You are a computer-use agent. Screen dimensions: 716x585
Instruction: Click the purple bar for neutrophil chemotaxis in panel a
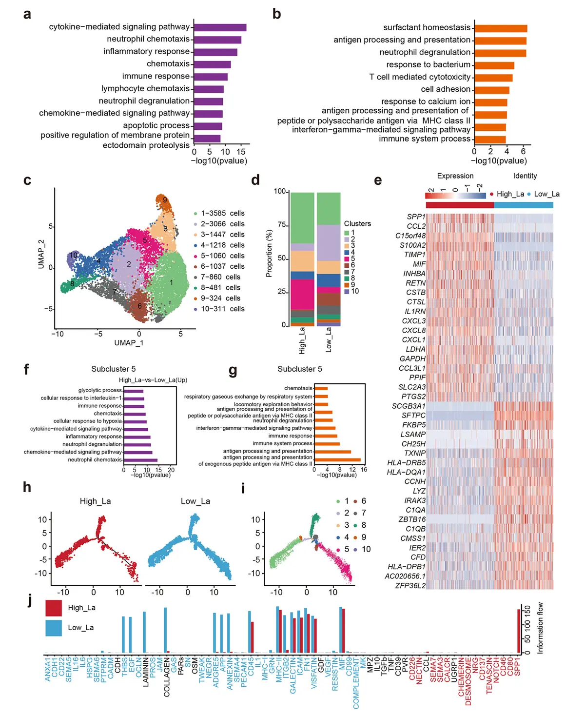tap(217, 40)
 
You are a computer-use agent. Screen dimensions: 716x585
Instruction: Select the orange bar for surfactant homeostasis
tap(501, 28)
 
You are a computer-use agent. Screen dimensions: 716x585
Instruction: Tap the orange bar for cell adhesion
tap(492, 90)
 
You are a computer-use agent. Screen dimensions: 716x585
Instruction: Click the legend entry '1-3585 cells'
tap(222, 213)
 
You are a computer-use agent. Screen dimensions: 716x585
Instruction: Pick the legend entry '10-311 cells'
tap(222, 309)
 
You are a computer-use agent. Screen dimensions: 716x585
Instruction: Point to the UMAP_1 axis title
tap(129, 343)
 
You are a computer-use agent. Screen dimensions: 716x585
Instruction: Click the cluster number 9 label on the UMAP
tap(165, 200)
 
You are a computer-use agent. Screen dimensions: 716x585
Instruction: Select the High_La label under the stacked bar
tap(302, 340)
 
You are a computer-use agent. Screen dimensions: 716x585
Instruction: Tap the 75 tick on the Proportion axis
tap(281, 225)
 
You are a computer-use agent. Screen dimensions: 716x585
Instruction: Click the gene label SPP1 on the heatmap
tap(416, 217)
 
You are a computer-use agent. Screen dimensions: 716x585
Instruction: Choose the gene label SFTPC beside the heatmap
tap(413, 416)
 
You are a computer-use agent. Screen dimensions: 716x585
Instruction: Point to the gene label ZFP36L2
tap(410, 586)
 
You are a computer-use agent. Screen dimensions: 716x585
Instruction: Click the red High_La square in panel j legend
tap(54, 608)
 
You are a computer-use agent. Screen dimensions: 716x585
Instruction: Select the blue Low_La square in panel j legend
tap(54, 628)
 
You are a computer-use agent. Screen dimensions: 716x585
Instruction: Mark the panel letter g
tap(233, 371)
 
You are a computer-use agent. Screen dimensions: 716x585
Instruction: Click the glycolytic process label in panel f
tap(100, 390)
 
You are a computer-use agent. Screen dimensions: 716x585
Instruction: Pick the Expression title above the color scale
tap(455, 176)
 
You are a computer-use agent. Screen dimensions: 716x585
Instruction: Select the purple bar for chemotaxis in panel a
tap(212, 64)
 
